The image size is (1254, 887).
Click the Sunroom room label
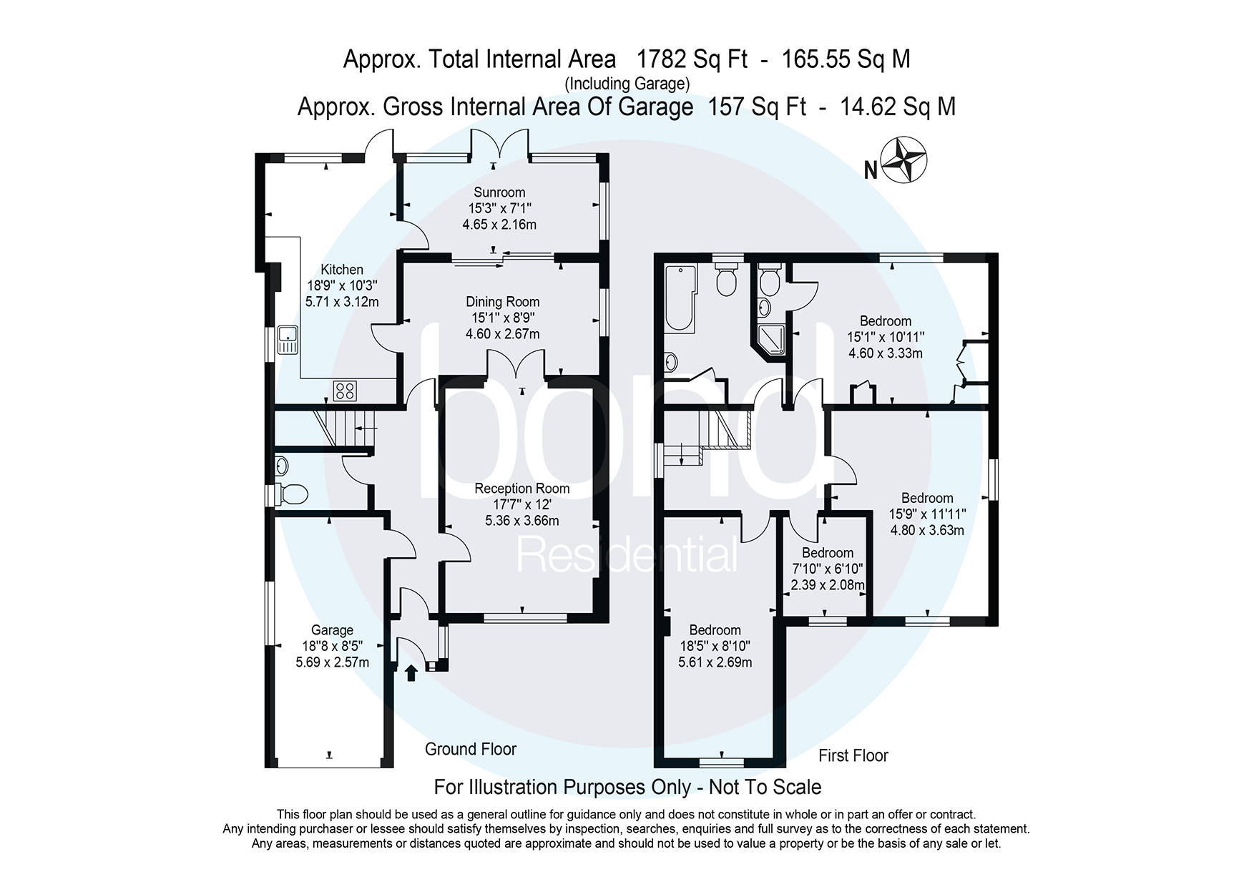499,192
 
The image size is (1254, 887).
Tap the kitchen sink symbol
288,340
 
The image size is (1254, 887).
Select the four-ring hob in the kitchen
345,391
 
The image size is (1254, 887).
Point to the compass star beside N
903,159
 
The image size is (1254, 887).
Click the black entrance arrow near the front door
411,672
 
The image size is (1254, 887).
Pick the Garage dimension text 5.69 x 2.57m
333,662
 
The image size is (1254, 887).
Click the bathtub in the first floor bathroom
680,297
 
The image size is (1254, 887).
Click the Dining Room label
502,302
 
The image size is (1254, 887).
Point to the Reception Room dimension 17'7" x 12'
521,504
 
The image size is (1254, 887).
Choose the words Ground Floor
470,749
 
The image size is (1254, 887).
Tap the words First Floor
853,755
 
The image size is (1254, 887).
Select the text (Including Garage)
627,84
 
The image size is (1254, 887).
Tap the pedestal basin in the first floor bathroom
671,363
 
